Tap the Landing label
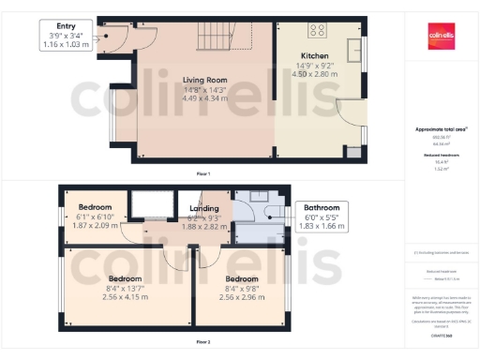[203, 208]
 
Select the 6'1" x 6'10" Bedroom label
[95, 206]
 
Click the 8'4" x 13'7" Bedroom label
[124, 279]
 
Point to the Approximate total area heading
[441, 128]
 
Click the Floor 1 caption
[202, 174]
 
